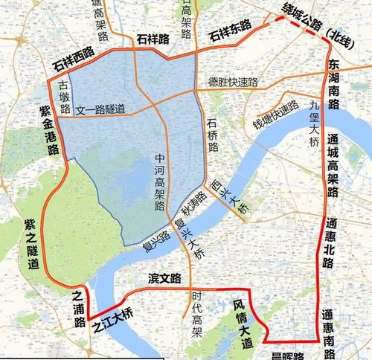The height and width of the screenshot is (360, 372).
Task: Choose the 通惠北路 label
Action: [x=330, y=242]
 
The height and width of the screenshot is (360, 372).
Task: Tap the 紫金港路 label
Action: [x=49, y=129]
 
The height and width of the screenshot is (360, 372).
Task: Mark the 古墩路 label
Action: [x=65, y=95]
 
